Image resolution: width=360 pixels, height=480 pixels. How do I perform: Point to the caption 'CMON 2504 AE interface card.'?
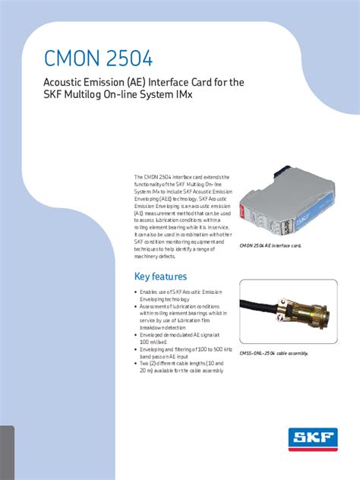point(270,246)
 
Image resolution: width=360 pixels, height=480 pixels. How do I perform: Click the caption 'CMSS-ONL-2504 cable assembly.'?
point(273,353)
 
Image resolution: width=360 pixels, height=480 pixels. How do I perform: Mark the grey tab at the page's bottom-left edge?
point(7,453)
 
